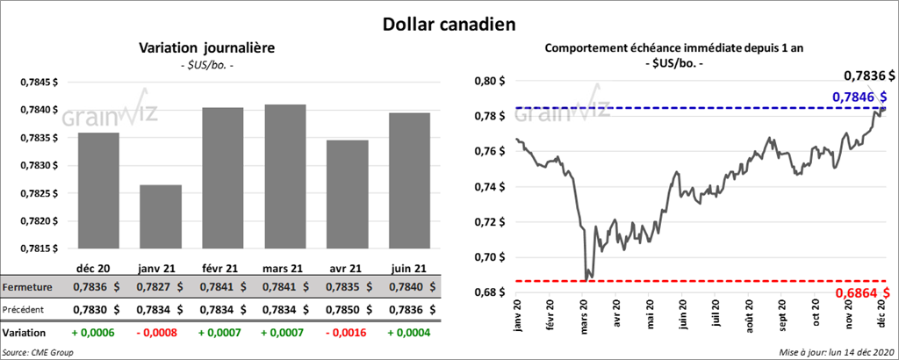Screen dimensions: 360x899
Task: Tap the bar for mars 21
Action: tap(285, 176)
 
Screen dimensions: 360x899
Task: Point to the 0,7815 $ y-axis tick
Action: tap(40, 248)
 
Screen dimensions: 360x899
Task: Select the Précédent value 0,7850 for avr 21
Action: tap(348, 309)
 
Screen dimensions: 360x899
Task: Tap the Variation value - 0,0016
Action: tap(348, 334)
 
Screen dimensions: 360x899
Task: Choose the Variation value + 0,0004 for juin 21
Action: tap(409, 334)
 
